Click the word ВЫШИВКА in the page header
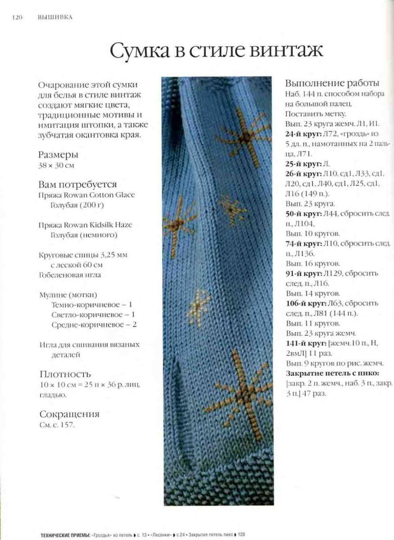pyautogui.click(x=56, y=18)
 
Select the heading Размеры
pyautogui.click(x=59, y=155)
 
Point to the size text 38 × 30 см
pyautogui.click(x=57, y=165)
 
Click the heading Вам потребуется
pyautogui.click(x=78, y=184)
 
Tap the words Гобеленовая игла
pyautogui.click(x=70, y=274)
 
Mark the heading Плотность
pyautogui.click(x=65, y=374)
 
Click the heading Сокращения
pyautogui.click(x=69, y=414)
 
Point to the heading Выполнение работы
pyautogui.click(x=332, y=83)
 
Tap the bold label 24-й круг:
pyautogui.click(x=303, y=134)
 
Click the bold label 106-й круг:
pyautogui.click(x=305, y=303)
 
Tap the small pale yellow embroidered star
pyautogui.click(x=199, y=306)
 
